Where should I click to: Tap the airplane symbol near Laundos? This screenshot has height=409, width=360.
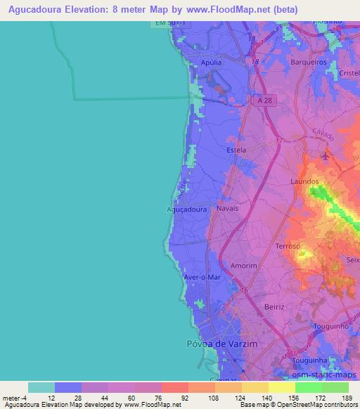tap(326, 156)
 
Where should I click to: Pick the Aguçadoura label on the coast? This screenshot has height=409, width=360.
tap(188, 209)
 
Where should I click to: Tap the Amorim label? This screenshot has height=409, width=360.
tap(243, 266)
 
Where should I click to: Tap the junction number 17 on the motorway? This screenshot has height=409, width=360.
tap(279, 141)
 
